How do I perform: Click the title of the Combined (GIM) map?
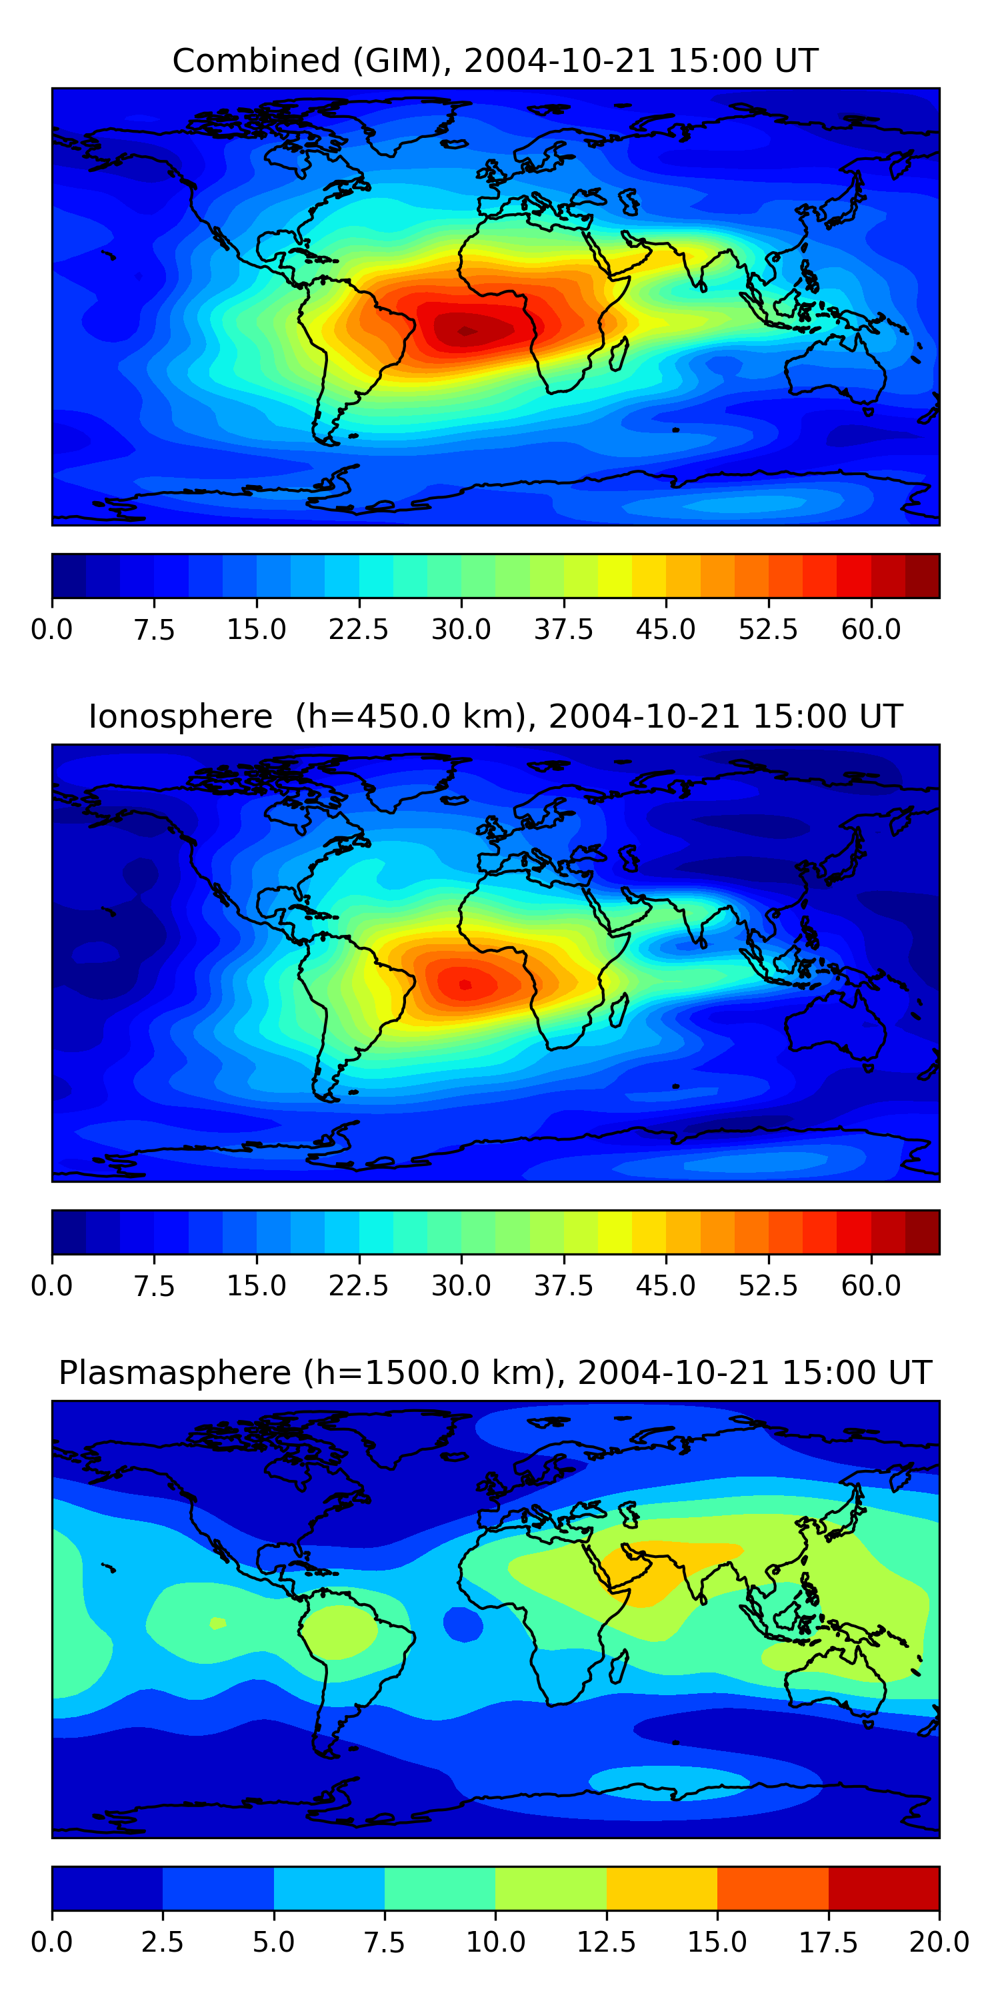coord(495,61)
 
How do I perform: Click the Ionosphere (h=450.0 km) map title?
coord(495,716)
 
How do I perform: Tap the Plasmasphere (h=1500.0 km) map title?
coord(495,1373)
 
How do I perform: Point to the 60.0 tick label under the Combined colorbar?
coord(871,629)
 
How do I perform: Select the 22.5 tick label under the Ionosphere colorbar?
coord(358,1286)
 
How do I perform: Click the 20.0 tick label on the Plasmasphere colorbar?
coord(939,1942)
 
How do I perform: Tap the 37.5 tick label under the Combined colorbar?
coord(563,629)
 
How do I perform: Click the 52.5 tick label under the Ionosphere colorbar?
coord(768,1286)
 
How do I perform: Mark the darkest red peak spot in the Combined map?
coord(467,331)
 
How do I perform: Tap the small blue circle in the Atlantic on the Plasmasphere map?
coord(463,1625)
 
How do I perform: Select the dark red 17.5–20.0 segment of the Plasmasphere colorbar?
coord(883,1888)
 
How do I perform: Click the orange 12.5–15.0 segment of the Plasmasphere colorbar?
coord(661,1888)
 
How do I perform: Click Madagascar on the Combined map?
coord(619,353)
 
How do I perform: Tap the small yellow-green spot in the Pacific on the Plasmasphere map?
coord(217,1623)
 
